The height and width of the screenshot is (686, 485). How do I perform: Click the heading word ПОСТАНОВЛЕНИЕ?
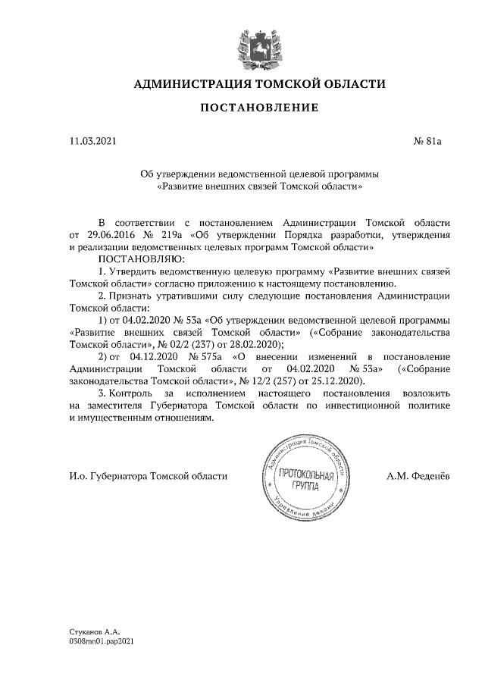[x=258, y=109]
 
